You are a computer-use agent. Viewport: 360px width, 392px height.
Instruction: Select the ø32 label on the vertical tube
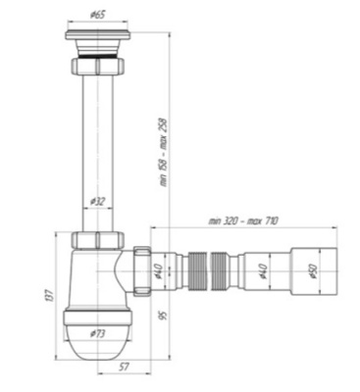(x=98, y=201)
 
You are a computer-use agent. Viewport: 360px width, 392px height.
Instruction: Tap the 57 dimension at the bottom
(x=121, y=369)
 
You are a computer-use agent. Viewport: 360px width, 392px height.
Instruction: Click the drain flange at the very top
(x=98, y=38)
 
